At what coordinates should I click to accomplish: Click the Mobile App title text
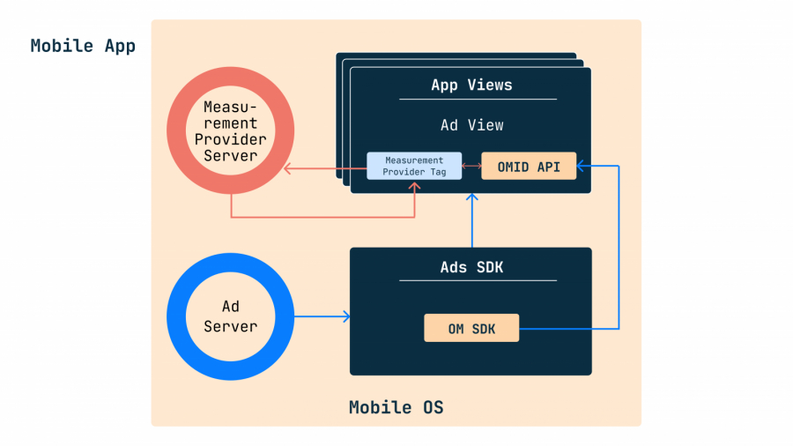[83, 46]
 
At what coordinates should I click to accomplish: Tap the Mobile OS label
[396, 407]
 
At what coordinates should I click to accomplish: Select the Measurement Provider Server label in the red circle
[231, 131]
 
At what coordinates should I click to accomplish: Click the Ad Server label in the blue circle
[231, 316]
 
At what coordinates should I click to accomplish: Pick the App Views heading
[471, 85]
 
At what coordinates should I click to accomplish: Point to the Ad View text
[471, 125]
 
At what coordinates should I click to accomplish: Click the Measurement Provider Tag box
[414, 166]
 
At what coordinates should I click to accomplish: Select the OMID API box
[529, 166]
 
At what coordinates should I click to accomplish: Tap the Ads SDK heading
[471, 267]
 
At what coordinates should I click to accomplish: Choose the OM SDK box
[471, 328]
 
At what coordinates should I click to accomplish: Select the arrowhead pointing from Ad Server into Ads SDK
[346, 316]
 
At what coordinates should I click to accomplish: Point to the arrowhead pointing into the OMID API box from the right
[582, 165]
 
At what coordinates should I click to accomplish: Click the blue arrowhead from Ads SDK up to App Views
[472, 198]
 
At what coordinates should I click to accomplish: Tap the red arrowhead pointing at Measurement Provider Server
[286, 166]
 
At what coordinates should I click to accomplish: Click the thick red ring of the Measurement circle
[176, 131]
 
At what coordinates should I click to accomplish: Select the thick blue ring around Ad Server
[176, 316]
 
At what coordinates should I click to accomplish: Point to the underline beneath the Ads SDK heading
[478, 280]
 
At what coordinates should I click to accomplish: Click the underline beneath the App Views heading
[478, 99]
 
